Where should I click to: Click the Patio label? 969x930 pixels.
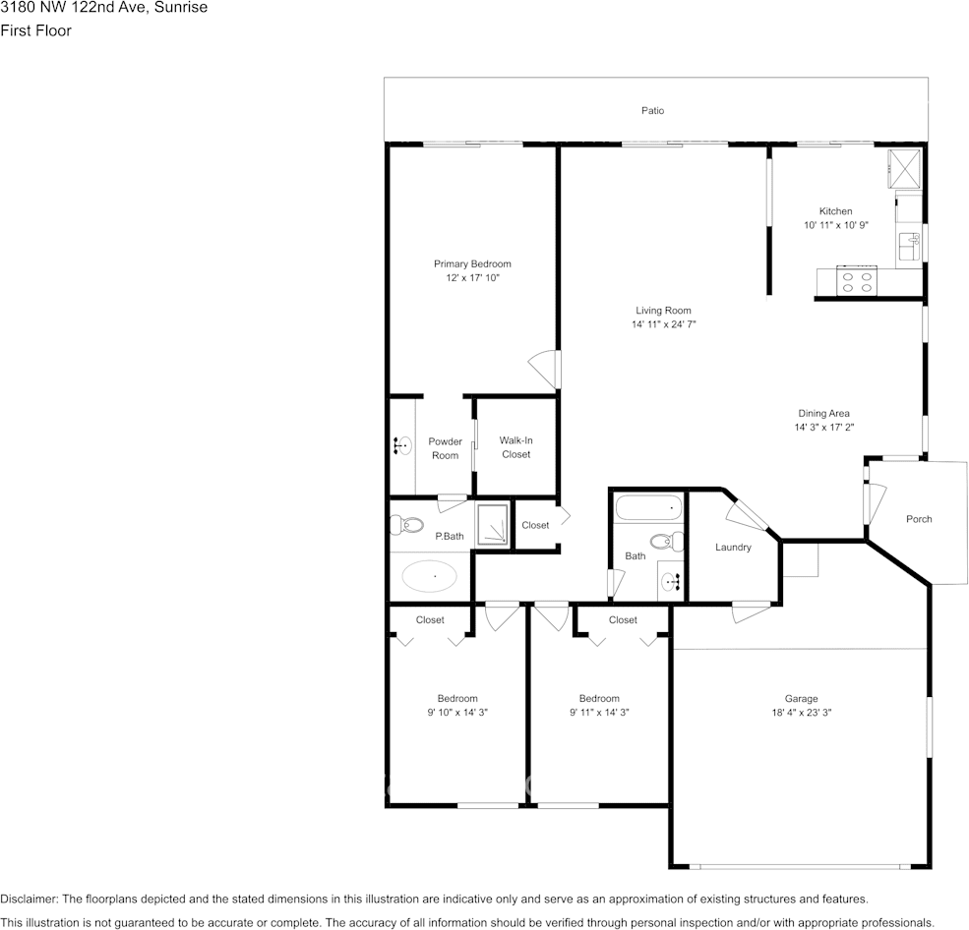click(x=652, y=111)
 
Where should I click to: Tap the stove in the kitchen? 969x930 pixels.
click(x=855, y=281)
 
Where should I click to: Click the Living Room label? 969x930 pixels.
click(x=663, y=311)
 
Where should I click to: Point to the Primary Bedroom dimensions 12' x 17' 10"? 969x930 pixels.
click(x=472, y=278)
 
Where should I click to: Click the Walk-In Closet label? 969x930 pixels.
click(x=515, y=447)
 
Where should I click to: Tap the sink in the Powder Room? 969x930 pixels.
click(x=400, y=446)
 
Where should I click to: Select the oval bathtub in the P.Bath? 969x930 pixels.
click(x=429, y=576)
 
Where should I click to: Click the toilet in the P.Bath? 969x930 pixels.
click(x=405, y=525)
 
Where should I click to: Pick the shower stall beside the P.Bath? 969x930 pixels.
click(x=493, y=524)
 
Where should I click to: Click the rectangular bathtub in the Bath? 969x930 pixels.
click(x=648, y=509)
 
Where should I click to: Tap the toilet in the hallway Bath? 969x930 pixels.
click(x=668, y=542)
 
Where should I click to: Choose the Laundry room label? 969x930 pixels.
click(x=733, y=548)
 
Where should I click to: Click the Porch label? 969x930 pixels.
click(x=919, y=519)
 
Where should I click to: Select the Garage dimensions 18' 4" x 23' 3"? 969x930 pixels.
click(x=801, y=713)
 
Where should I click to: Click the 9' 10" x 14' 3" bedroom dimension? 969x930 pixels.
click(x=457, y=713)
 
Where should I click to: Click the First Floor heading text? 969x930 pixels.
click(x=35, y=30)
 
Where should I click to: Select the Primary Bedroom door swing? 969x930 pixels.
click(x=545, y=369)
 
